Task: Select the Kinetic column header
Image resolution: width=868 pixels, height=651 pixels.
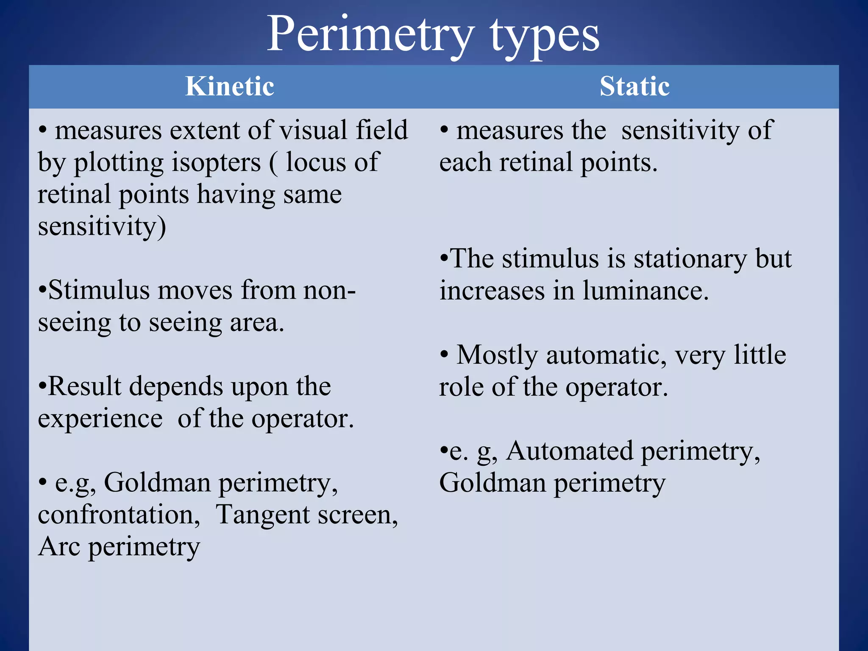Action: tap(230, 86)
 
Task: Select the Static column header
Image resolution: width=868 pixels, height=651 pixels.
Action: tap(634, 86)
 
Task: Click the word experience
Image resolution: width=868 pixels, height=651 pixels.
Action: tap(100, 419)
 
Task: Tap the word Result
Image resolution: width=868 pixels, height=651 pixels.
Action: tap(85, 387)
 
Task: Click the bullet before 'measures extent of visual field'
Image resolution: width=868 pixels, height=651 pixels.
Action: tap(42, 131)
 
